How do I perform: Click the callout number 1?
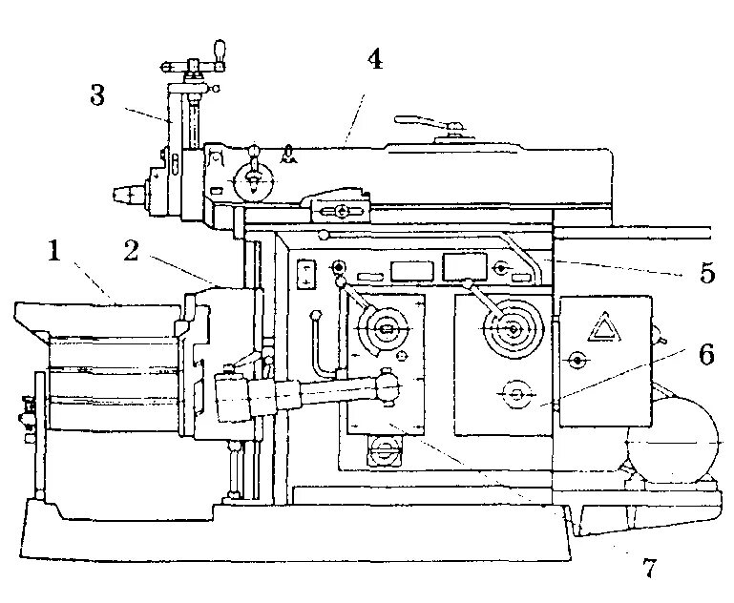[x=55, y=252]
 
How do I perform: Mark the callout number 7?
[x=649, y=569]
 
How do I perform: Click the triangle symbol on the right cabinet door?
[x=602, y=326]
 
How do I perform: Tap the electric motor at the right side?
[x=672, y=445]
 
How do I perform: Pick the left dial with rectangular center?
[x=385, y=330]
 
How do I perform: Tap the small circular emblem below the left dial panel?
[x=385, y=448]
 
